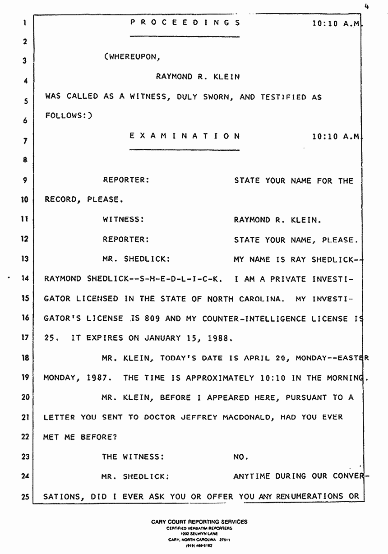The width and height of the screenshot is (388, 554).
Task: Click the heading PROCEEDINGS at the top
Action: pos(185,23)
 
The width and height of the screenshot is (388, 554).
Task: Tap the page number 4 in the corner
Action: pos(368,6)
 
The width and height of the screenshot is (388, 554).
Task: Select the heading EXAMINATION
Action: pos(185,135)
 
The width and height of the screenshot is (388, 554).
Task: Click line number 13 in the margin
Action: pos(25,259)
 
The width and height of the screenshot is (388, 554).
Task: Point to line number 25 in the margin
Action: pos(25,497)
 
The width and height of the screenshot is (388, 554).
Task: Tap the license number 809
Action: pos(149,319)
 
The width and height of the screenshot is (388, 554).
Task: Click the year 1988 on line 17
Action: pos(208,338)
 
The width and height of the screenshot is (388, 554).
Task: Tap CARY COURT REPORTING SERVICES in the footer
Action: pos(199,522)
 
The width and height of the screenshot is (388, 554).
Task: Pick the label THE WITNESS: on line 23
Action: pos(132,457)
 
